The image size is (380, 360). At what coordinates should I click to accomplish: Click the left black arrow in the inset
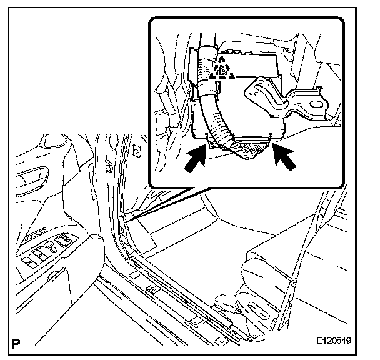tap(196, 158)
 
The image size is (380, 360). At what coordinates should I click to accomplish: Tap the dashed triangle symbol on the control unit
tap(222, 69)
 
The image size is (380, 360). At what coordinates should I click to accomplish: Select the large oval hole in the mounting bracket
tap(316, 105)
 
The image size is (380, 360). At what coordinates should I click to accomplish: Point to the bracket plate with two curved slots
tap(286, 99)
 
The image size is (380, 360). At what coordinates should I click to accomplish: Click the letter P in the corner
tap(16, 344)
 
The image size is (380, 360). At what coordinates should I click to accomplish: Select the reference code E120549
tap(334, 341)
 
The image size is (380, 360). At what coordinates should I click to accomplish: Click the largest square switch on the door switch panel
tap(62, 241)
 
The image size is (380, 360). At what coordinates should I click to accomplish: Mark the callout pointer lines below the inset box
tap(165, 204)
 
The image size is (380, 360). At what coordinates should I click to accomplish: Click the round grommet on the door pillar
tap(108, 166)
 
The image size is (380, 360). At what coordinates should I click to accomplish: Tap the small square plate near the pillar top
tap(137, 151)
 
